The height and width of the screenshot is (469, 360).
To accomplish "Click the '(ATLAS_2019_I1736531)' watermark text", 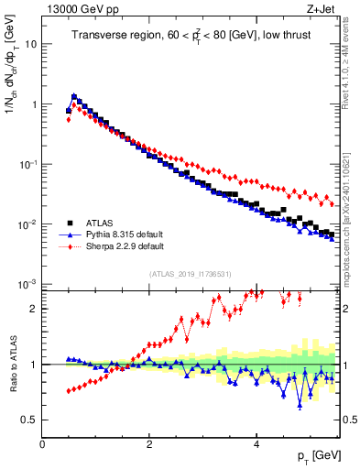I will [191, 274].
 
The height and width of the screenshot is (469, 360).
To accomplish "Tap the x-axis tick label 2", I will [149, 444].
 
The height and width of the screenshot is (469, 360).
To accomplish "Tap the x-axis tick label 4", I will [256, 444].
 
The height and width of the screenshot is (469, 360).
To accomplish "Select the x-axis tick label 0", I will [42, 444].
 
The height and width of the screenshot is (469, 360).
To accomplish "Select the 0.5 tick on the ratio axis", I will [28, 420].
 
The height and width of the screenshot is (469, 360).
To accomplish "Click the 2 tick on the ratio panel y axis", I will [33, 309].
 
